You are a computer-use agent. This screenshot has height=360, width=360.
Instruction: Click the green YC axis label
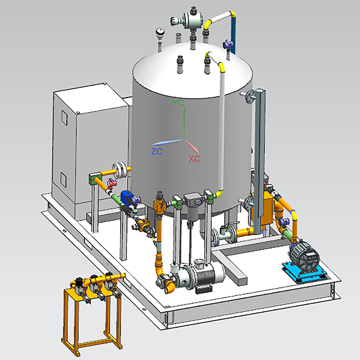[178, 103]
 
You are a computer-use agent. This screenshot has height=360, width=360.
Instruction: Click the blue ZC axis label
[157, 151]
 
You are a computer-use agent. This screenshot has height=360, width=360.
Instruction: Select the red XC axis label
[194, 158]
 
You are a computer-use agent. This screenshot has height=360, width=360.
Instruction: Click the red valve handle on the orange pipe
[112, 183]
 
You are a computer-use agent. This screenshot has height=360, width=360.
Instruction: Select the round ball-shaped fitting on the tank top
[160, 32]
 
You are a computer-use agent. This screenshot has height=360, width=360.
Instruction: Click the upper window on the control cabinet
[64, 118]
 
